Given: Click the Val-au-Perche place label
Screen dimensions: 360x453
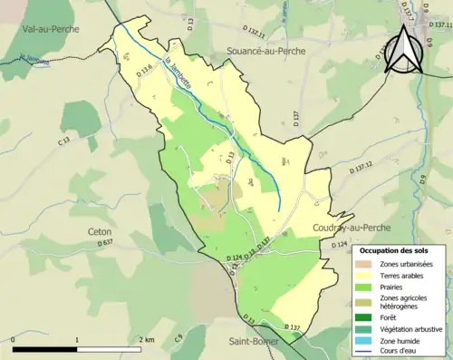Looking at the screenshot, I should [x=51, y=29].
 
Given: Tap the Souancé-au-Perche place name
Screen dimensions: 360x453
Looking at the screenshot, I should [x=253, y=52].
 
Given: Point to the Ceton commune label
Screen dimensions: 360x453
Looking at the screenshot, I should [x=101, y=231].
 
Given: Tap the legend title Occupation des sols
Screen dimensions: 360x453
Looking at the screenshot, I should [x=397, y=249].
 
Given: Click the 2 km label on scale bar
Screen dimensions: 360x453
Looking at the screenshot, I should [x=146, y=339].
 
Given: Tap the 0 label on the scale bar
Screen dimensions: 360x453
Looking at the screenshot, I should [x=14, y=339].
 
